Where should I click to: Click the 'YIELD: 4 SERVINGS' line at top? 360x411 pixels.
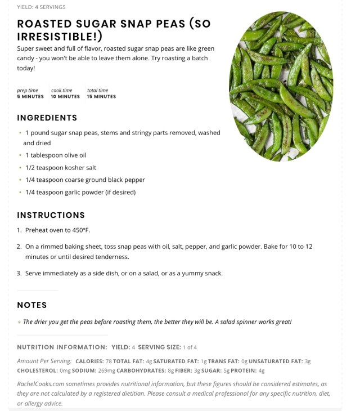41,7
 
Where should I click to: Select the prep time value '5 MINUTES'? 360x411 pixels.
30,97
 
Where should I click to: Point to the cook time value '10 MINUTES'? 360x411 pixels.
65,97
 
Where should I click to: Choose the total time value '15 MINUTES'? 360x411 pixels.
101,97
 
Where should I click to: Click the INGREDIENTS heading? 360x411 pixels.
47,118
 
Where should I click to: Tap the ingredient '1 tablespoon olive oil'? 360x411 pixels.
56,155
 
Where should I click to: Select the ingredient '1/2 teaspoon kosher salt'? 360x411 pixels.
60,167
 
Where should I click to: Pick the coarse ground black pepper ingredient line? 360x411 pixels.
85,180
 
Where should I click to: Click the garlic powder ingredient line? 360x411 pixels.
80,192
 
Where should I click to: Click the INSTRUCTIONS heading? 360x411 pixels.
51,215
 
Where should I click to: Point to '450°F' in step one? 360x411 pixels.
79,230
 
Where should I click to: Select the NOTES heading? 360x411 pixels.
32,305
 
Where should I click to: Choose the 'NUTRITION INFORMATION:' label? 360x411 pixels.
62,347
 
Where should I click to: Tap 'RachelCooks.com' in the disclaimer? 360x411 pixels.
40,383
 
